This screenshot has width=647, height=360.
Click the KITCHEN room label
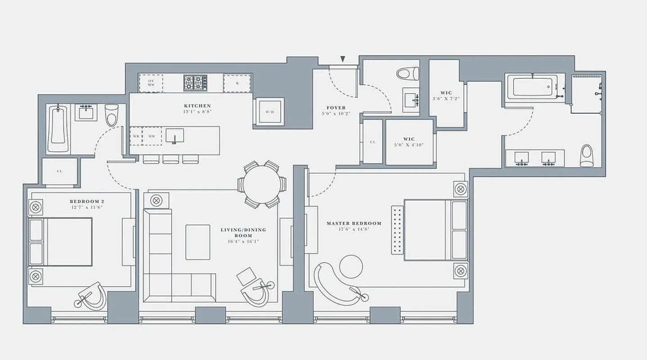pyautogui.click(x=197, y=106)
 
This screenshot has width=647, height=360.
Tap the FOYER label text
pyautogui.click(x=336, y=108)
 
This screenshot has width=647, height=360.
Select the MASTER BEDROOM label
pyautogui.click(x=353, y=223)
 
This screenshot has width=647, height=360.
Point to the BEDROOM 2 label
pyautogui.click(x=87, y=201)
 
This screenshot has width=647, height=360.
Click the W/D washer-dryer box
pyautogui.click(x=269, y=112)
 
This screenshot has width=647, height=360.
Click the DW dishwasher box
pyautogui.click(x=152, y=136)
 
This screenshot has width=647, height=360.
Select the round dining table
pyautogui.click(x=262, y=184)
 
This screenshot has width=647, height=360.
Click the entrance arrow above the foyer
pyautogui.click(x=343, y=59)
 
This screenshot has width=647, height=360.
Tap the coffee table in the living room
pyautogui.click(x=198, y=242)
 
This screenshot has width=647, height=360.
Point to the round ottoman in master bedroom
pyautogui.click(x=351, y=267)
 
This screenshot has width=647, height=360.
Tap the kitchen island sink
pyautogui.click(x=175, y=135)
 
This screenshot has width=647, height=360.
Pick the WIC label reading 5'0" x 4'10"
pyautogui.click(x=409, y=142)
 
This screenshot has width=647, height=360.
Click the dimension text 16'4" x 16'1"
pyautogui.click(x=243, y=242)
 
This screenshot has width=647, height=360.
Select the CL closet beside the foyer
pyautogui.click(x=372, y=142)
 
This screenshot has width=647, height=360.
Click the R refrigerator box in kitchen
pyautogui.click(x=237, y=83)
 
